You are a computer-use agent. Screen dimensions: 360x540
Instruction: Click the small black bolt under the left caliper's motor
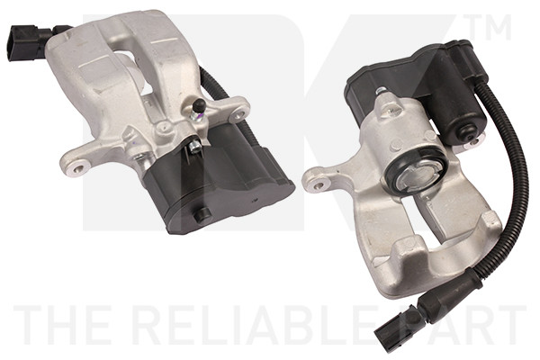coord(204,214)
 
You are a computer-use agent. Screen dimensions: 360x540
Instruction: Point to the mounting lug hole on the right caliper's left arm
coord(316,186)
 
